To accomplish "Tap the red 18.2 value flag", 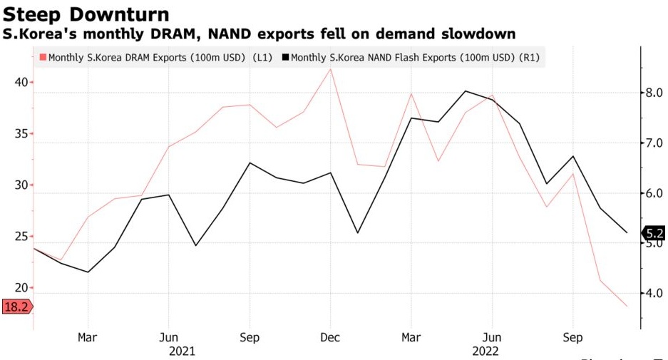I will (16, 307).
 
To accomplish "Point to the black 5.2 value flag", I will (653, 232).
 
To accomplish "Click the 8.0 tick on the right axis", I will (655, 93).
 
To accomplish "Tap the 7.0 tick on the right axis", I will (655, 143).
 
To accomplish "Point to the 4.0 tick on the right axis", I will (655, 293).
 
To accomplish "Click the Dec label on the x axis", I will (330, 336).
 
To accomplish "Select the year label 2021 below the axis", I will (182, 351).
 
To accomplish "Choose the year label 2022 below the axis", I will (485, 351).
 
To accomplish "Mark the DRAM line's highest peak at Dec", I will (330, 69).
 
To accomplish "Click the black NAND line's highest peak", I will (465, 91).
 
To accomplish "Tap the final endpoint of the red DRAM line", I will (627, 307).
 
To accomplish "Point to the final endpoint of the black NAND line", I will (627, 232).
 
